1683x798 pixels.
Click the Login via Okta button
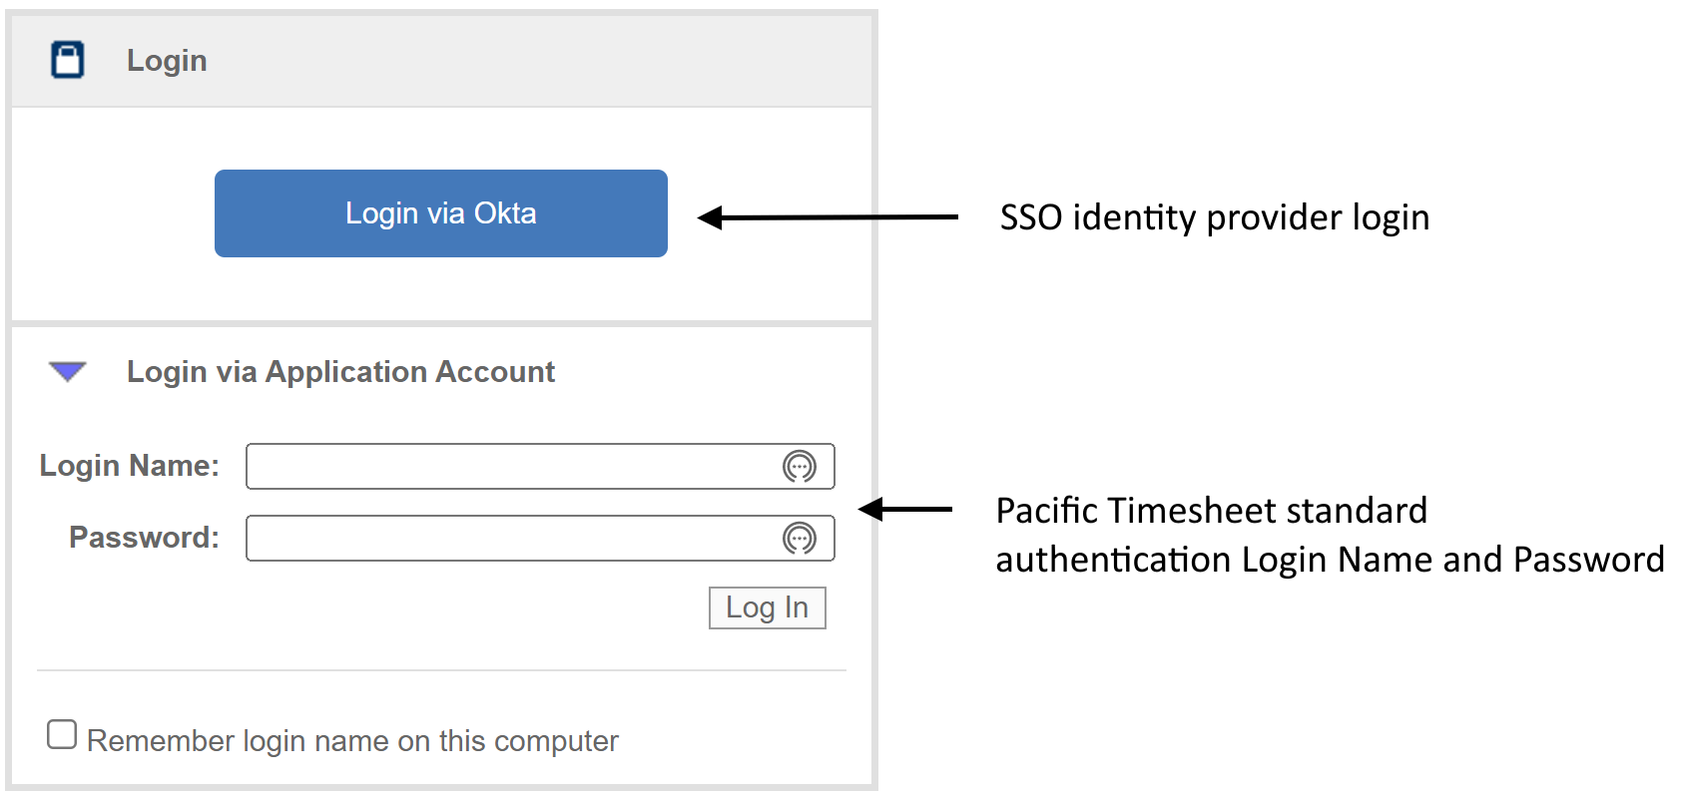pyautogui.click(x=440, y=213)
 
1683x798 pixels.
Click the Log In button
pyautogui.click(x=767, y=607)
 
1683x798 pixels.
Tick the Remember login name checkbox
pyautogui.click(x=62, y=735)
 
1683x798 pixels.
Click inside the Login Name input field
pyautogui.click(x=509, y=467)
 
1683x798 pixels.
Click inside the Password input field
pyautogui.click(x=509, y=539)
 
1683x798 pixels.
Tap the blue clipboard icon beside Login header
pyautogui.click(x=68, y=60)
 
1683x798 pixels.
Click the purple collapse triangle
pyautogui.click(x=68, y=372)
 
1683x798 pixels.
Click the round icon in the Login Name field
pyautogui.click(x=800, y=467)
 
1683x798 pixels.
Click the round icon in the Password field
pyautogui.click(x=800, y=539)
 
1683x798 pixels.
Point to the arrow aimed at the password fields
pyautogui.click(x=904, y=510)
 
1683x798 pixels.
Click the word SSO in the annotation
pyautogui.click(x=1030, y=217)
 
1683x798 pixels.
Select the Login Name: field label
pyautogui.click(x=129, y=466)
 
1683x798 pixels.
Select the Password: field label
pyautogui.click(x=144, y=538)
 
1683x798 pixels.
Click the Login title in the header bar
pyautogui.click(x=167, y=61)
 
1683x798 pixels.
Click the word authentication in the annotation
pyautogui.click(x=1113, y=560)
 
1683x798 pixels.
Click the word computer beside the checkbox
pyautogui.click(x=556, y=741)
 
